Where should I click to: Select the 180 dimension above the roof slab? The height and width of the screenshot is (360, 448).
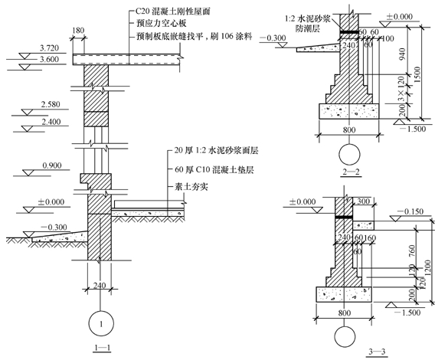point(78,32)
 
